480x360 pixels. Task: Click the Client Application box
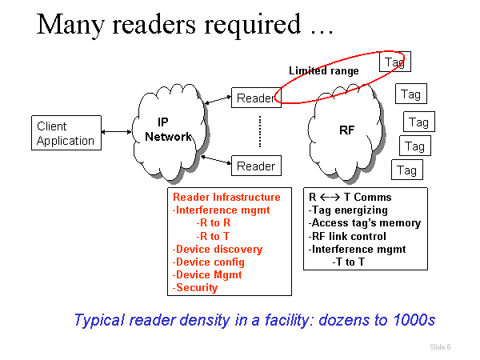(66, 134)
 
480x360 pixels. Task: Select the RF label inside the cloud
(347, 130)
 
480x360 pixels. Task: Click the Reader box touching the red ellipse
(255, 98)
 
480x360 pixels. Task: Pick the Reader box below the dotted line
(255, 166)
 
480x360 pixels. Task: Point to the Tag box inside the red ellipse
(394, 62)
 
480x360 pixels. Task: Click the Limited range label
(324, 71)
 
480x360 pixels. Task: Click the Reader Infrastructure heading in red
(226, 197)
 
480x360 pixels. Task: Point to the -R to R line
(214, 222)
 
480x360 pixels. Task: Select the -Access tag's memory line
(364, 222)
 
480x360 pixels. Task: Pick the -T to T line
(350, 262)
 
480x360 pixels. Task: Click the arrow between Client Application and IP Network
(116, 132)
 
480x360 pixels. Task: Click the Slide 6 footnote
(440, 347)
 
